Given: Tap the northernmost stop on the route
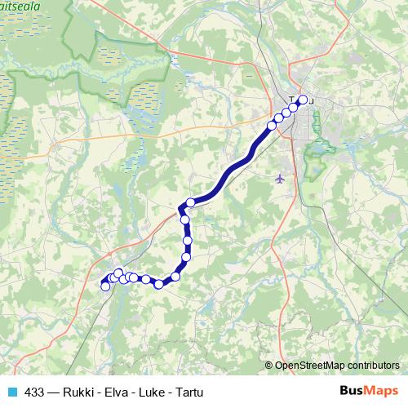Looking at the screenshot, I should point(303,100).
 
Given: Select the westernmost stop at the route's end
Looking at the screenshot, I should point(104,286).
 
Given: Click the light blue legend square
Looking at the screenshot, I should point(11,392).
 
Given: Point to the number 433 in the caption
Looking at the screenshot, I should point(35,392).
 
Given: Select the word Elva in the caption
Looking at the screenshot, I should point(117,392).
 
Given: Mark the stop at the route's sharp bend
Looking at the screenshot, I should point(190,202).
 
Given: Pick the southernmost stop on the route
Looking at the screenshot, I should point(159,284).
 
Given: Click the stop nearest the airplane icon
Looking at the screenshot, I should point(272,125).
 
